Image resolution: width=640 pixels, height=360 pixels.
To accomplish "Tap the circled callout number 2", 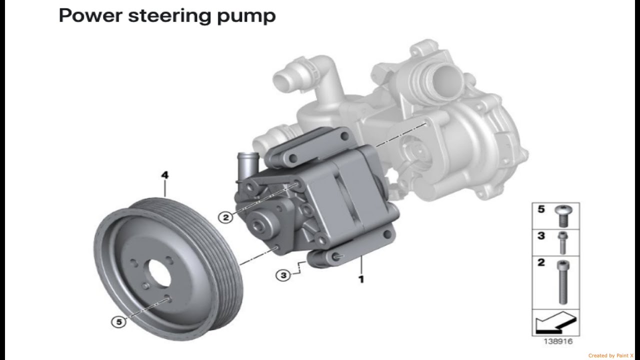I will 226,217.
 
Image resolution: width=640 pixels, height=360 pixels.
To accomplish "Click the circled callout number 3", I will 283,275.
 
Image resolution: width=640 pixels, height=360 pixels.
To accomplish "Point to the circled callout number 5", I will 119,322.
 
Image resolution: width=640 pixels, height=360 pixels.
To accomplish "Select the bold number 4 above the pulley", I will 164,175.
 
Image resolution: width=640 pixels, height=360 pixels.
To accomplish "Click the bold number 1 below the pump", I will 360,279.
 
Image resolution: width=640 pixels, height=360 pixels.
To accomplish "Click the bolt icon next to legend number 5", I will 563,216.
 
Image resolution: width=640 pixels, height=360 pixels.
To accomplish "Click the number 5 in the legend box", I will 541,210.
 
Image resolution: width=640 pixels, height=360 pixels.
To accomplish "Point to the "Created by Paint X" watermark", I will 613,355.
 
